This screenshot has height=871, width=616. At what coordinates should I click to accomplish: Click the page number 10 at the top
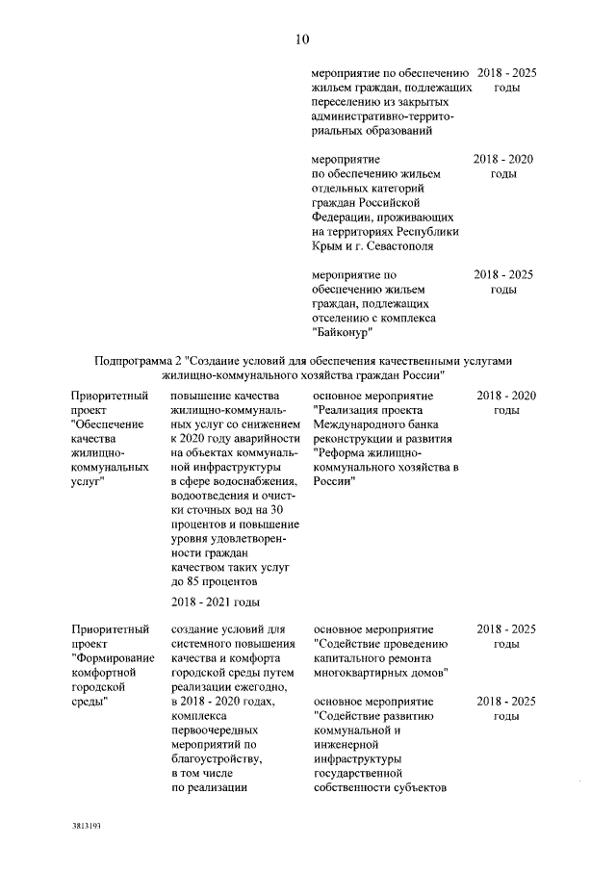[301, 39]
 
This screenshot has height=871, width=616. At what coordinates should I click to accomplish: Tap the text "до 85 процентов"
[213, 582]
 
